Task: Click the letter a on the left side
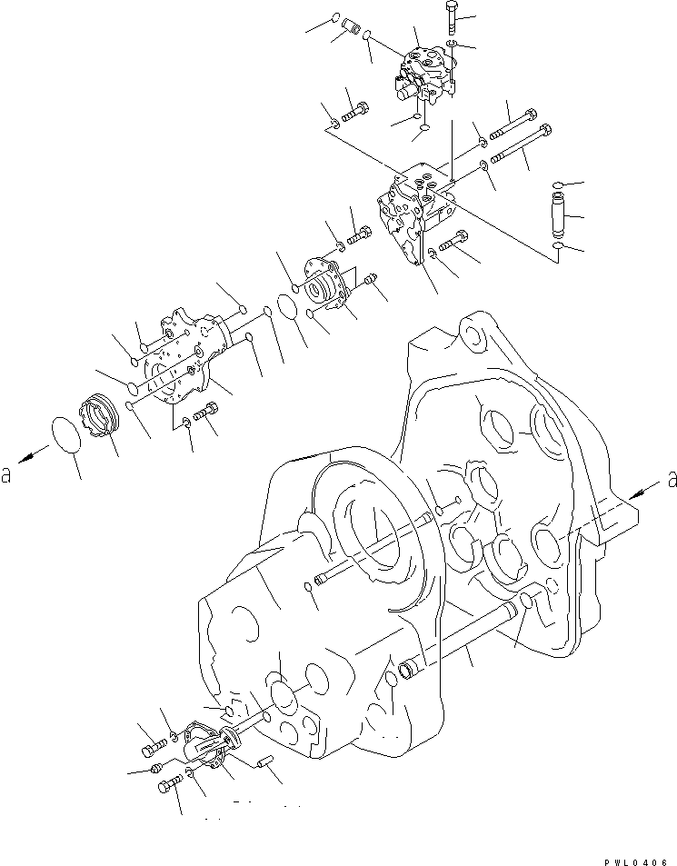coord(7,475)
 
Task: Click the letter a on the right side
coord(672,476)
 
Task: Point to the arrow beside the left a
coord(33,455)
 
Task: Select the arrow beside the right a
coord(643,492)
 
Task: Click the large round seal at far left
coord(65,437)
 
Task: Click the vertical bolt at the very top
coord(453,18)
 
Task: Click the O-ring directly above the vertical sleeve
coord(556,185)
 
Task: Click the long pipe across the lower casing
coord(463,635)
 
